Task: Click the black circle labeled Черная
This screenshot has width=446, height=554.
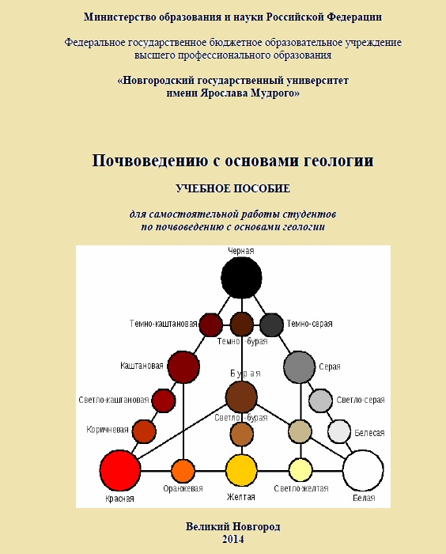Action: tap(241, 278)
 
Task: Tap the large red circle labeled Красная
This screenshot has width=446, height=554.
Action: tap(120, 471)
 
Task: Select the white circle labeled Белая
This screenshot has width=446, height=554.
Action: tap(363, 471)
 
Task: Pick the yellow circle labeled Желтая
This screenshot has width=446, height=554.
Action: tap(241, 471)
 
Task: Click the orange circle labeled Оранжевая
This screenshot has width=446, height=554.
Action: tap(183, 471)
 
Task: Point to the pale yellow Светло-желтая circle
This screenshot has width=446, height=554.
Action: tap(300, 470)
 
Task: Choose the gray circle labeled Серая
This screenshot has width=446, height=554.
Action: tap(300, 367)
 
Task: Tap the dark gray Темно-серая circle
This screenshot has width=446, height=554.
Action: tap(271, 325)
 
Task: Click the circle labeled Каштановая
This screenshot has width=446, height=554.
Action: tap(183, 367)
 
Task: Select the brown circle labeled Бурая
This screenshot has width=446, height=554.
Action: tap(241, 397)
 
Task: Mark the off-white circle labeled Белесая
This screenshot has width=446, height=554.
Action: tap(339, 431)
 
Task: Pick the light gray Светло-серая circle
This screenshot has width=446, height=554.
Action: tap(320, 400)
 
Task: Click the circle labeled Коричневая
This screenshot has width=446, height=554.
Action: tap(145, 431)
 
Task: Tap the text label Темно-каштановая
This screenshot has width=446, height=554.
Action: tap(163, 324)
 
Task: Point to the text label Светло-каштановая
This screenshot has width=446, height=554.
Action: tap(114, 400)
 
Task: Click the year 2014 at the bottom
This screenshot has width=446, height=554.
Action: tap(233, 539)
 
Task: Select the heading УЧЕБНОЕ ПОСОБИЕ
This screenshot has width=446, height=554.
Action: tap(233, 188)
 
